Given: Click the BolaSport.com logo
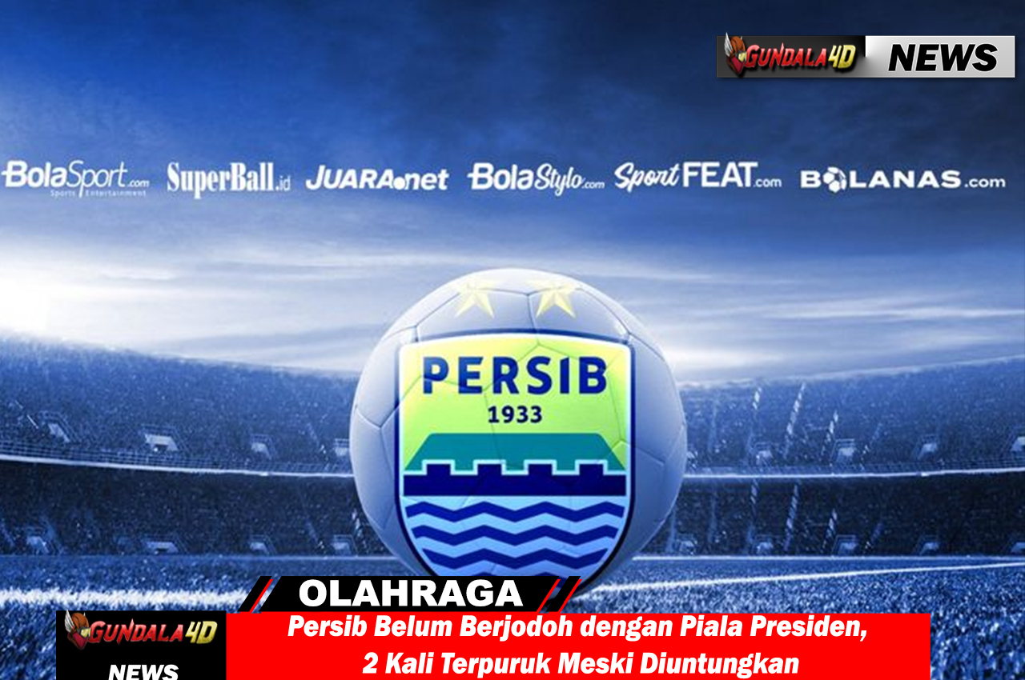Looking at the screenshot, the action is coord(76,178).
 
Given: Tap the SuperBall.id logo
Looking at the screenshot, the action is coord(228,179).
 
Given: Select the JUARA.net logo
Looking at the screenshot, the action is coord(377,178).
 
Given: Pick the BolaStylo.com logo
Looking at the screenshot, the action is coord(536,178).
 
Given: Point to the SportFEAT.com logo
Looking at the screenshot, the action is coord(697,176).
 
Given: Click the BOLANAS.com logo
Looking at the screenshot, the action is coord(902,179).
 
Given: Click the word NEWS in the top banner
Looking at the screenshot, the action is coord(943,58).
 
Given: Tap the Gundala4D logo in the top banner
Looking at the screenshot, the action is coord(790,56).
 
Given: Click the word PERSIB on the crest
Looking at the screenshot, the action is coord(515,375).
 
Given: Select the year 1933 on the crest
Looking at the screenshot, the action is coord(515,415).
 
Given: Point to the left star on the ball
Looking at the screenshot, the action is coord(475,298).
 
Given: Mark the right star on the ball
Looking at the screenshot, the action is coord(553,297).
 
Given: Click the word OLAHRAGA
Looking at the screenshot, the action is coord(411,594).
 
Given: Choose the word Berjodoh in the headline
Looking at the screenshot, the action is coord(516,627).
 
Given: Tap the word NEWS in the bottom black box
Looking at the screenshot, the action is coord(143,671).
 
